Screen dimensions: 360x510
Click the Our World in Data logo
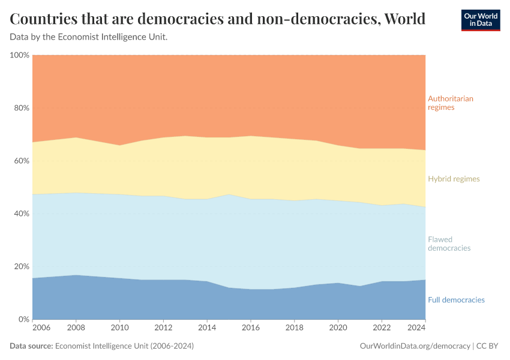480,20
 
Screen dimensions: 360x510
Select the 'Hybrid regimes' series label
454,179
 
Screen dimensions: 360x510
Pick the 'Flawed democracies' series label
449,244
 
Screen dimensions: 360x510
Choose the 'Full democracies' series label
456,299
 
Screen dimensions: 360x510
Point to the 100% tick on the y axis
20,55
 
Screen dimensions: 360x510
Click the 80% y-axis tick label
22,108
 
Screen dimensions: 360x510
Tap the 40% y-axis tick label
22,214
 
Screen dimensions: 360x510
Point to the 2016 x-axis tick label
251,328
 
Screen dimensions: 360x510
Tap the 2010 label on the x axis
120,328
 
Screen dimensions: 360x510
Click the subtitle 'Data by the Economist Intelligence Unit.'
89,37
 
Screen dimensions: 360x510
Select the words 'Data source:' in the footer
31,346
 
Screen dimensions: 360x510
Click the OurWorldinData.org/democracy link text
415,346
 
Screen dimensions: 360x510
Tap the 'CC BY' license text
488,346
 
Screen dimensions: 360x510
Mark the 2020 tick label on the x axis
338,328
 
